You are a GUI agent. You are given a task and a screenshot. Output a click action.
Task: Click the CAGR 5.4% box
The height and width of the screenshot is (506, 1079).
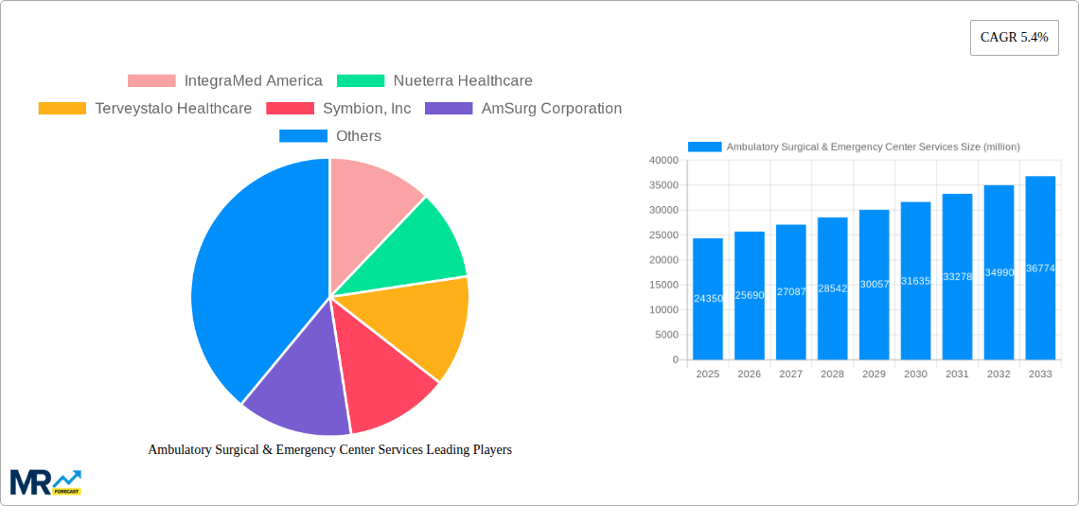[1014, 38]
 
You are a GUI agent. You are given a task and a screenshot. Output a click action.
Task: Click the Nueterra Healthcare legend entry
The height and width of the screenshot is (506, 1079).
[434, 81]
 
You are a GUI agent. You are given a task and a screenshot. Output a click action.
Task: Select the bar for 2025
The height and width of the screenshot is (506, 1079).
[708, 299]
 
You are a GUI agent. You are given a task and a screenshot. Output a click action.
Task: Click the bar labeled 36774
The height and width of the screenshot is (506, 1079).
[1040, 268]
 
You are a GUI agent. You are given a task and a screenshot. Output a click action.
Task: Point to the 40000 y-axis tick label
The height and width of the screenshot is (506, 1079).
[663, 161]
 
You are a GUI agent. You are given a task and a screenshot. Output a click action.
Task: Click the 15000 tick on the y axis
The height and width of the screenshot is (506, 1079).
[663, 285]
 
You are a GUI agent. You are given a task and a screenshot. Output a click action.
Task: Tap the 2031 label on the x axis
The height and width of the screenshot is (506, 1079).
[957, 375]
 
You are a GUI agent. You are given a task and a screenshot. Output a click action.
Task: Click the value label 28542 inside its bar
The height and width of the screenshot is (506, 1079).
[833, 288]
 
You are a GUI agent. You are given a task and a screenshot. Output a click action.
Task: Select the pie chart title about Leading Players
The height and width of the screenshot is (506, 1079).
[329, 450]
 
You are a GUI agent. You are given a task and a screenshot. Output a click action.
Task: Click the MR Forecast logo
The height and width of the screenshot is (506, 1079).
[45, 482]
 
